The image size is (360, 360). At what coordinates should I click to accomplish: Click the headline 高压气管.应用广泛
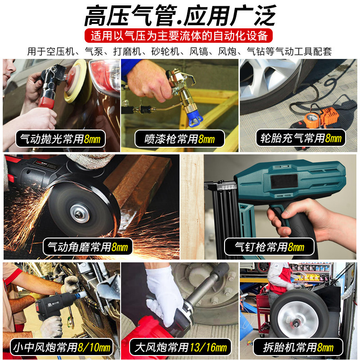tap(180, 16)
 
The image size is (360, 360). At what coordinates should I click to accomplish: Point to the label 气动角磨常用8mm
tap(88, 247)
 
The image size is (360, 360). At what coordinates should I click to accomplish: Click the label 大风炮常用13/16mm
tap(180, 347)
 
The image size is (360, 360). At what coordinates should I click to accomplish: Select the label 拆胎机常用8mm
tap(299, 347)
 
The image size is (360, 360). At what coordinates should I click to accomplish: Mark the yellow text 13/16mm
tap(209, 348)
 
